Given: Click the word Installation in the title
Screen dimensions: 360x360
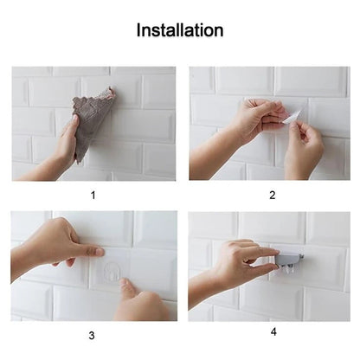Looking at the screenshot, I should click(180, 30).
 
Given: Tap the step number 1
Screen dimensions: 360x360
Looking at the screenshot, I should click(93, 195).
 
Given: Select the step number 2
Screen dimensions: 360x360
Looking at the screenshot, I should click(272, 195).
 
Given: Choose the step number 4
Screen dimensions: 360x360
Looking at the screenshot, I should click(273, 330).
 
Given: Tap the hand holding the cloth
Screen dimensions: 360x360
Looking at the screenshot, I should click(66, 143).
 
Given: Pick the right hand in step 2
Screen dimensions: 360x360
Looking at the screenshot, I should click(303, 147).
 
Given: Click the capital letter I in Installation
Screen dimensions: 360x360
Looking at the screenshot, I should click(139, 30).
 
